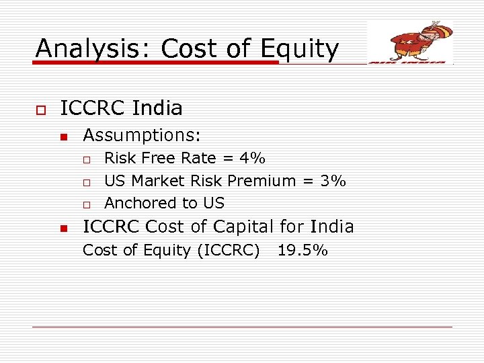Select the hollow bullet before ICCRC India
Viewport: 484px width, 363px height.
tap(40, 109)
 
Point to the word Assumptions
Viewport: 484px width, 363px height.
tap(142, 135)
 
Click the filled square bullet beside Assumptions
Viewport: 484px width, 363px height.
tap(64, 136)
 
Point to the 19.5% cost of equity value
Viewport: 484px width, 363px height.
tap(302, 251)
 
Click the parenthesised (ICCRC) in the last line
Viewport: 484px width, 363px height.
tap(229, 251)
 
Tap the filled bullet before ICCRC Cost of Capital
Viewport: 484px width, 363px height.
tap(64, 229)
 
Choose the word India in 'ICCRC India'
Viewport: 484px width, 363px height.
tap(157, 108)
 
